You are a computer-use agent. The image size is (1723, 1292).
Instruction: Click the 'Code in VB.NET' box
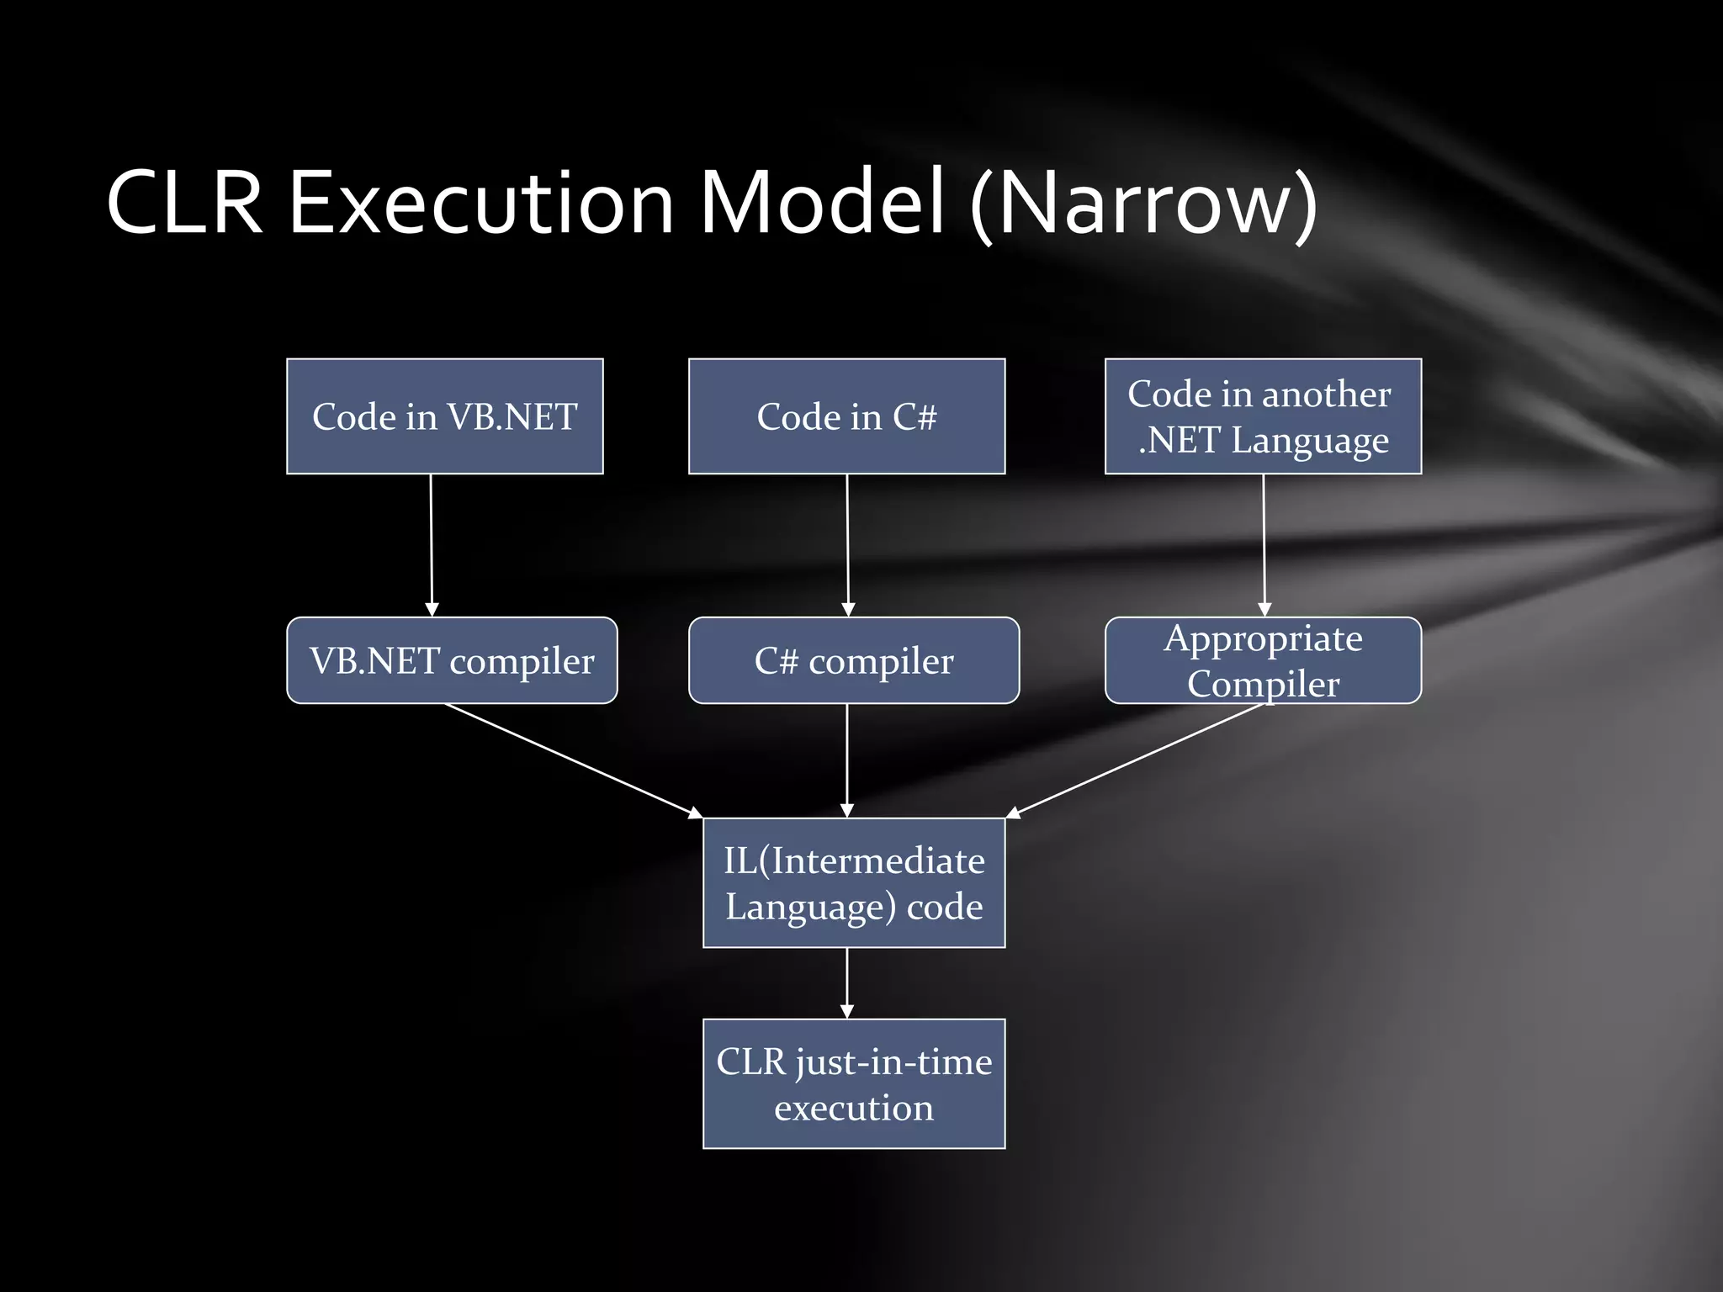click(444, 416)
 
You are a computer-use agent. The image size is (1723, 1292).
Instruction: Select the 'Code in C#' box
click(846, 416)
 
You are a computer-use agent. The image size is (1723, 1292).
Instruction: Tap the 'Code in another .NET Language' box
click(1262, 416)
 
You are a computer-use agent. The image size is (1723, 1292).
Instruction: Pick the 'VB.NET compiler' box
click(452, 660)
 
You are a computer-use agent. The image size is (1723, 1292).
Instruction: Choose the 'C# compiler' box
click(853, 660)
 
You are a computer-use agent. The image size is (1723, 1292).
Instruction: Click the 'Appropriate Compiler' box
click(1262, 660)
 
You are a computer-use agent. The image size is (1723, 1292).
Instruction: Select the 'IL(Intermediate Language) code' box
click(854, 882)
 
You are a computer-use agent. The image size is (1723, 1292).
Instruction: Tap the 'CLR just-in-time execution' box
click(854, 1083)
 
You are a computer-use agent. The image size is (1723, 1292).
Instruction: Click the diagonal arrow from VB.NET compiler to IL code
click(572, 760)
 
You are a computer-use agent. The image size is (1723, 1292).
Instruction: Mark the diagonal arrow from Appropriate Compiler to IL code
click(1136, 760)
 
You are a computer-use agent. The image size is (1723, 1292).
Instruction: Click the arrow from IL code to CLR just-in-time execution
click(847, 982)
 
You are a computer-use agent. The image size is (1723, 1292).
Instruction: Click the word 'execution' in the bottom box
click(854, 1108)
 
